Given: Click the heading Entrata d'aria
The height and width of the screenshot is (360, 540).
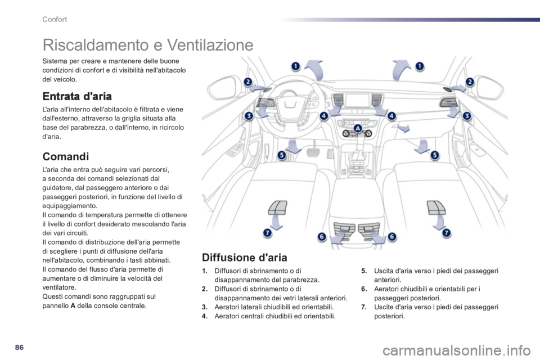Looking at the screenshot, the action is coord(77,96).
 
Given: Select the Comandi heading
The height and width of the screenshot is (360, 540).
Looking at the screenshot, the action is coord(65,156).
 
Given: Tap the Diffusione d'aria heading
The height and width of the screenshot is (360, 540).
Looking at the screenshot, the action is coord(245,257).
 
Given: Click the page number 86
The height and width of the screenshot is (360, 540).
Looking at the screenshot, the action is coord(19,347).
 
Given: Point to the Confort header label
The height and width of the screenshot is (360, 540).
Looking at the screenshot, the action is coord(55,19).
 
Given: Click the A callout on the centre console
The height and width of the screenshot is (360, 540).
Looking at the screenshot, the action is coord(358,128).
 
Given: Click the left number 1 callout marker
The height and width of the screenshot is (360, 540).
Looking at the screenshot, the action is coord(296,66).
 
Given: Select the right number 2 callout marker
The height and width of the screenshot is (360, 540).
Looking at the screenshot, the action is coord(470,82).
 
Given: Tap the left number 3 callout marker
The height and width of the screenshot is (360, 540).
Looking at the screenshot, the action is coord(248,116).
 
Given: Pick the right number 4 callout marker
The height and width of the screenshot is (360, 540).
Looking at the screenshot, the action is coord(391,116).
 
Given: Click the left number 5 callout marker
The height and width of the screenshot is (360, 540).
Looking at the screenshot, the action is coord(282,155).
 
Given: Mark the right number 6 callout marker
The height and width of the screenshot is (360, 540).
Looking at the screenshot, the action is coord(392,237).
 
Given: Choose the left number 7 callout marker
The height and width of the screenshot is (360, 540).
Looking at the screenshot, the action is coord(268,233).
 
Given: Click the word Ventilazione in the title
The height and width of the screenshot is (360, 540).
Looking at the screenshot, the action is coord(210,45).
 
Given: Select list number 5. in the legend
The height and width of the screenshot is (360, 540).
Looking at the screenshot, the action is coord(364,271).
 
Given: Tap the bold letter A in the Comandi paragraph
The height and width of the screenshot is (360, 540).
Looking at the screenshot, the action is coord(73,305).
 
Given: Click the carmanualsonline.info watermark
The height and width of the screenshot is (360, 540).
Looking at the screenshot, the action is coord(457,351).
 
